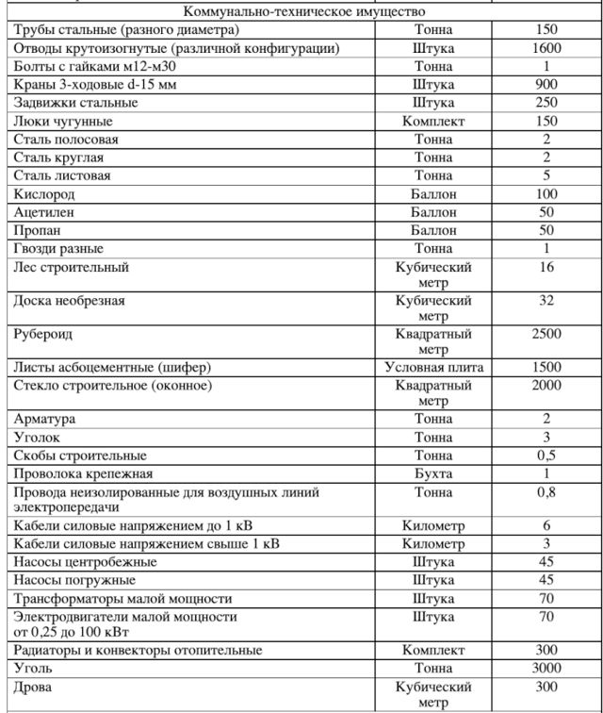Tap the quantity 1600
pos(546,48)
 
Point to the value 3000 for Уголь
pos(546,669)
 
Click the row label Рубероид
pos(43,334)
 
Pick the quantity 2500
pos(546,334)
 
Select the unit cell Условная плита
pos(433,367)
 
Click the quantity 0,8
pos(546,491)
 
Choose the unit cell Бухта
pos(433,473)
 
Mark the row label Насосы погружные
pos(74,580)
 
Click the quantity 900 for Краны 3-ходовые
pos(546,85)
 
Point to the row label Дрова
pos(34,687)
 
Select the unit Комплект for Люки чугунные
pos(433,122)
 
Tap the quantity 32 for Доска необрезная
pos(546,301)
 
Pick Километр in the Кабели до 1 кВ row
pos(433,525)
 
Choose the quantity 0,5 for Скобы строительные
pos(546,456)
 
